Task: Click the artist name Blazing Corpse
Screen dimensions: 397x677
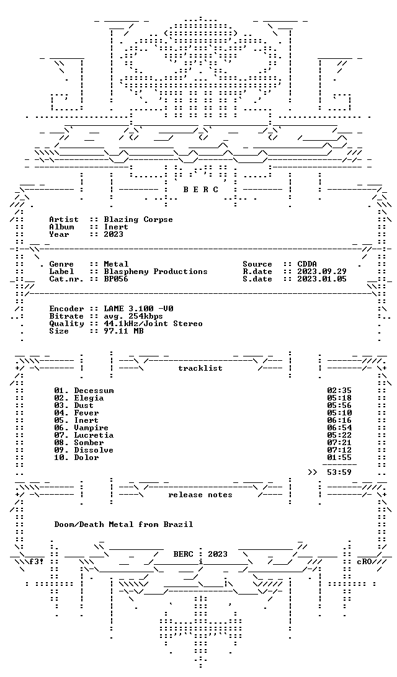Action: [x=138, y=219]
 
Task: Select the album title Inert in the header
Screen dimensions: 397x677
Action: [x=116, y=227]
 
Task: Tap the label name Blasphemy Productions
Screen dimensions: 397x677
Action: [x=156, y=272]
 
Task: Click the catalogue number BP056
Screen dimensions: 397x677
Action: [x=116, y=279]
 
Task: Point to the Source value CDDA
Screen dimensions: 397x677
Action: [x=307, y=264]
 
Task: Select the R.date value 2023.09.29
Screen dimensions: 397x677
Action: [x=322, y=272]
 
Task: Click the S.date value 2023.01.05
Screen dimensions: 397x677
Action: [x=322, y=279]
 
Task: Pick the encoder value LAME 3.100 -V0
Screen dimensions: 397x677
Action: [x=139, y=309]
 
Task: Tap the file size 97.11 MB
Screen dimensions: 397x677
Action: [x=123, y=331]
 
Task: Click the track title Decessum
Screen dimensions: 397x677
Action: [x=94, y=391]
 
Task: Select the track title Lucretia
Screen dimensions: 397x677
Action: [x=94, y=435]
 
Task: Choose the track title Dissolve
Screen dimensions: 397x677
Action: [x=94, y=450]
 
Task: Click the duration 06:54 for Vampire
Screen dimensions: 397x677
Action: [x=339, y=428]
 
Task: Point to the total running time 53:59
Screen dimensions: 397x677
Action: [x=339, y=472]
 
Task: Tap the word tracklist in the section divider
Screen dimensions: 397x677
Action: [x=200, y=368]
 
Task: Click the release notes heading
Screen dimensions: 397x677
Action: [x=200, y=495]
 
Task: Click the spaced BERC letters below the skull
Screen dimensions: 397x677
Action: [x=200, y=190]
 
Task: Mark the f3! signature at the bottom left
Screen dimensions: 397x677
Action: [x=37, y=562]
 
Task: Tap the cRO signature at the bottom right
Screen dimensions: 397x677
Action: [x=364, y=562]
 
